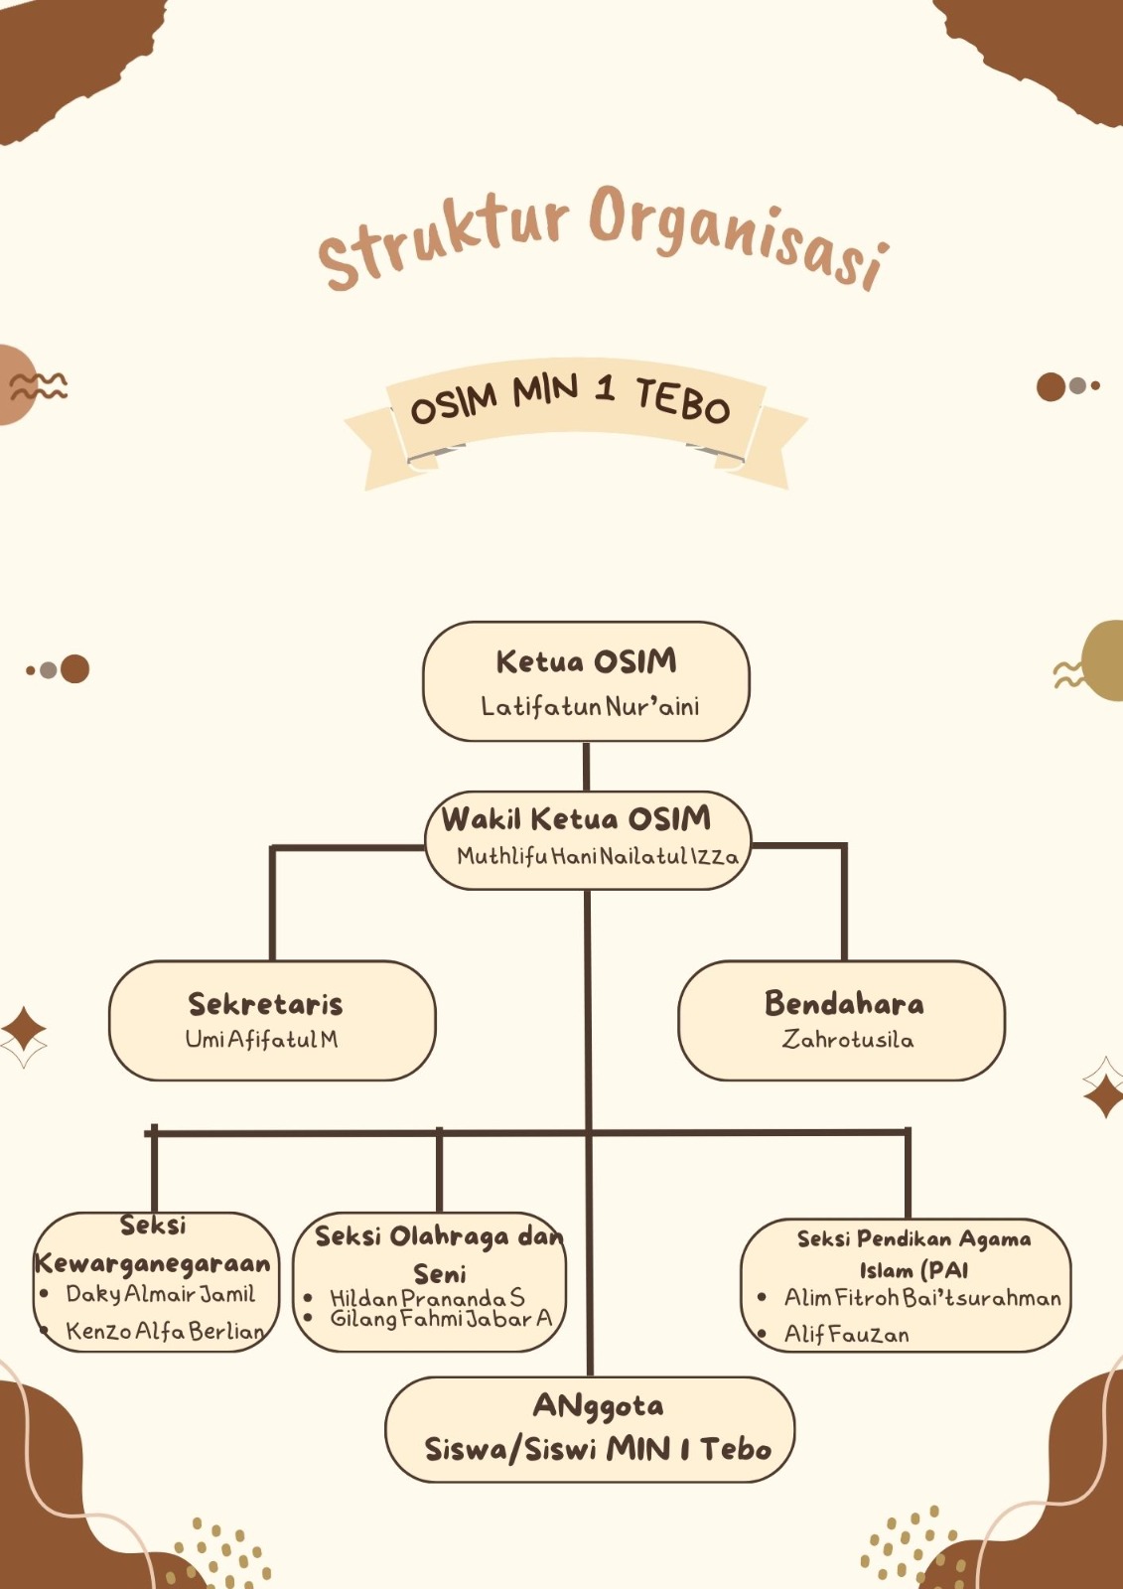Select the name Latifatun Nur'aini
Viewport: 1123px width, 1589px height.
(590, 707)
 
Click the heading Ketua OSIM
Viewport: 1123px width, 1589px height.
(586, 661)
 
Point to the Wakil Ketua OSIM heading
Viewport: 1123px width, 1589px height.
(576, 819)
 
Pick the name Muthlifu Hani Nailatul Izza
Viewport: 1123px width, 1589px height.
(598, 856)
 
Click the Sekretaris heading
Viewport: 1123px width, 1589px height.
(265, 1004)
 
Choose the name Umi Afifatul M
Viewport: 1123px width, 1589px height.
(261, 1040)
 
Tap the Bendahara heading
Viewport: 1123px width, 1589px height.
(844, 1004)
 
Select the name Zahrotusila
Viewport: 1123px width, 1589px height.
(847, 1040)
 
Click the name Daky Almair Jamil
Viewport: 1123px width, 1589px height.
(160, 1294)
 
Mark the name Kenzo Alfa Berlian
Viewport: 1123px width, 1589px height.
(165, 1331)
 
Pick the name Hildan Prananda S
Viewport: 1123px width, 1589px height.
(427, 1298)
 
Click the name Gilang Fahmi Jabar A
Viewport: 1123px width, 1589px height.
(441, 1319)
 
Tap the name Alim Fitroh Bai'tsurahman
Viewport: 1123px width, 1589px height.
(922, 1298)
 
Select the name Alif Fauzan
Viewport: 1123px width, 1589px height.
(846, 1335)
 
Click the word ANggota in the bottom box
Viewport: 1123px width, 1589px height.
(598, 1406)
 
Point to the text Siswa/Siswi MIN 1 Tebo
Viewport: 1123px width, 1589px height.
(598, 1450)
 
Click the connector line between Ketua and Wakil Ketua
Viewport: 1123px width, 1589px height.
(586, 767)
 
